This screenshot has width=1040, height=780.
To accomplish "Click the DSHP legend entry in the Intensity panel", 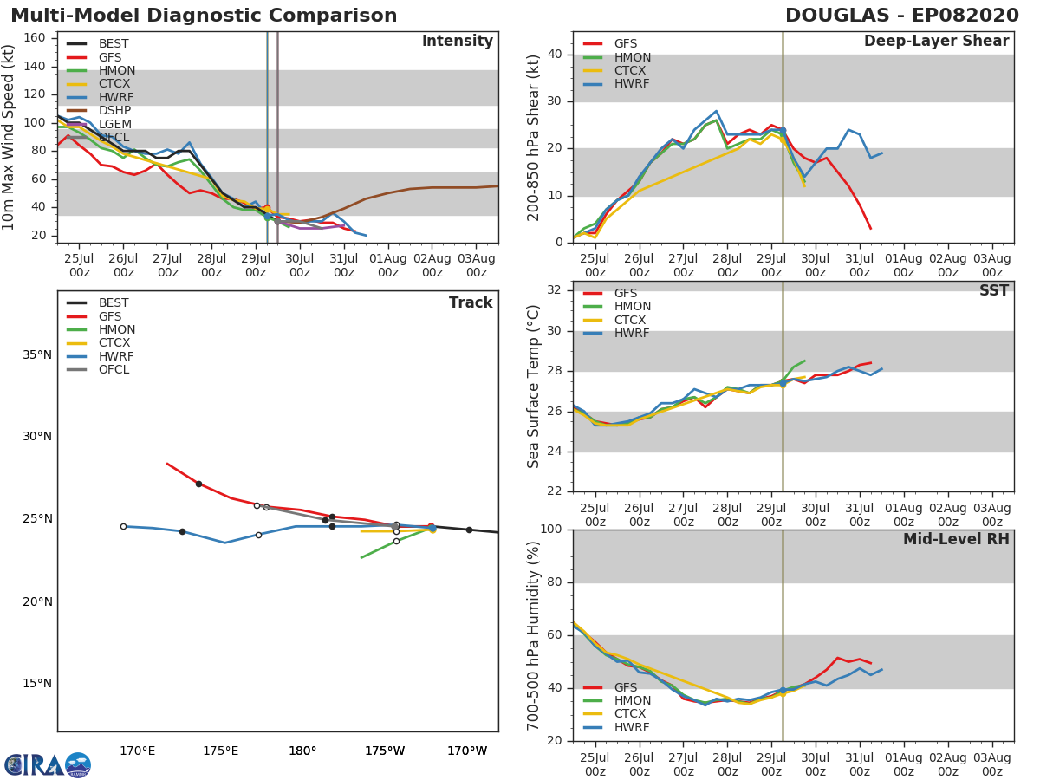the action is [99, 110].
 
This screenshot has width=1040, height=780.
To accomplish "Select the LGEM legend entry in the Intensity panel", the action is [99, 124].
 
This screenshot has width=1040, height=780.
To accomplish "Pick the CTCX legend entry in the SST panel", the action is [614, 320].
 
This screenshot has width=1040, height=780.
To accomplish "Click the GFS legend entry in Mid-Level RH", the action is [610, 687].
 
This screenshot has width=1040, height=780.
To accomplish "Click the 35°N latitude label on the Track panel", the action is [37, 355].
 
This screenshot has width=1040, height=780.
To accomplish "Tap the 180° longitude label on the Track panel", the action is [302, 751].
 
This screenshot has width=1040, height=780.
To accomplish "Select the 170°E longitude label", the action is [138, 751].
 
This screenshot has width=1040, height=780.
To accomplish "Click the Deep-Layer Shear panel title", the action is [936, 42].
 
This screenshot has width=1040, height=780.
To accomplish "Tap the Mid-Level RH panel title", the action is [956, 539].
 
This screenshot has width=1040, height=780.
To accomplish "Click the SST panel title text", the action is [994, 290].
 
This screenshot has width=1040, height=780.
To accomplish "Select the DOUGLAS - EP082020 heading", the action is [902, 16].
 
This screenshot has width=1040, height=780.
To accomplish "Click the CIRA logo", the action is [48, 765].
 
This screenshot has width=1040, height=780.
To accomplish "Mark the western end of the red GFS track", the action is [166, 464].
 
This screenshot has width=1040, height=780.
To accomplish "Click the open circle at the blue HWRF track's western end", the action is [124, 527].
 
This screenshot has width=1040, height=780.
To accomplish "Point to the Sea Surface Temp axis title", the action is [533, 387].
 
